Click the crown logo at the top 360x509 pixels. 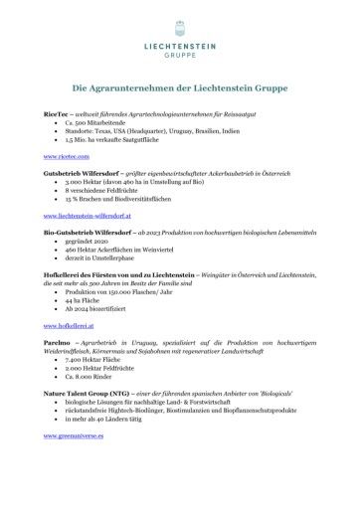[x=180, y=23]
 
